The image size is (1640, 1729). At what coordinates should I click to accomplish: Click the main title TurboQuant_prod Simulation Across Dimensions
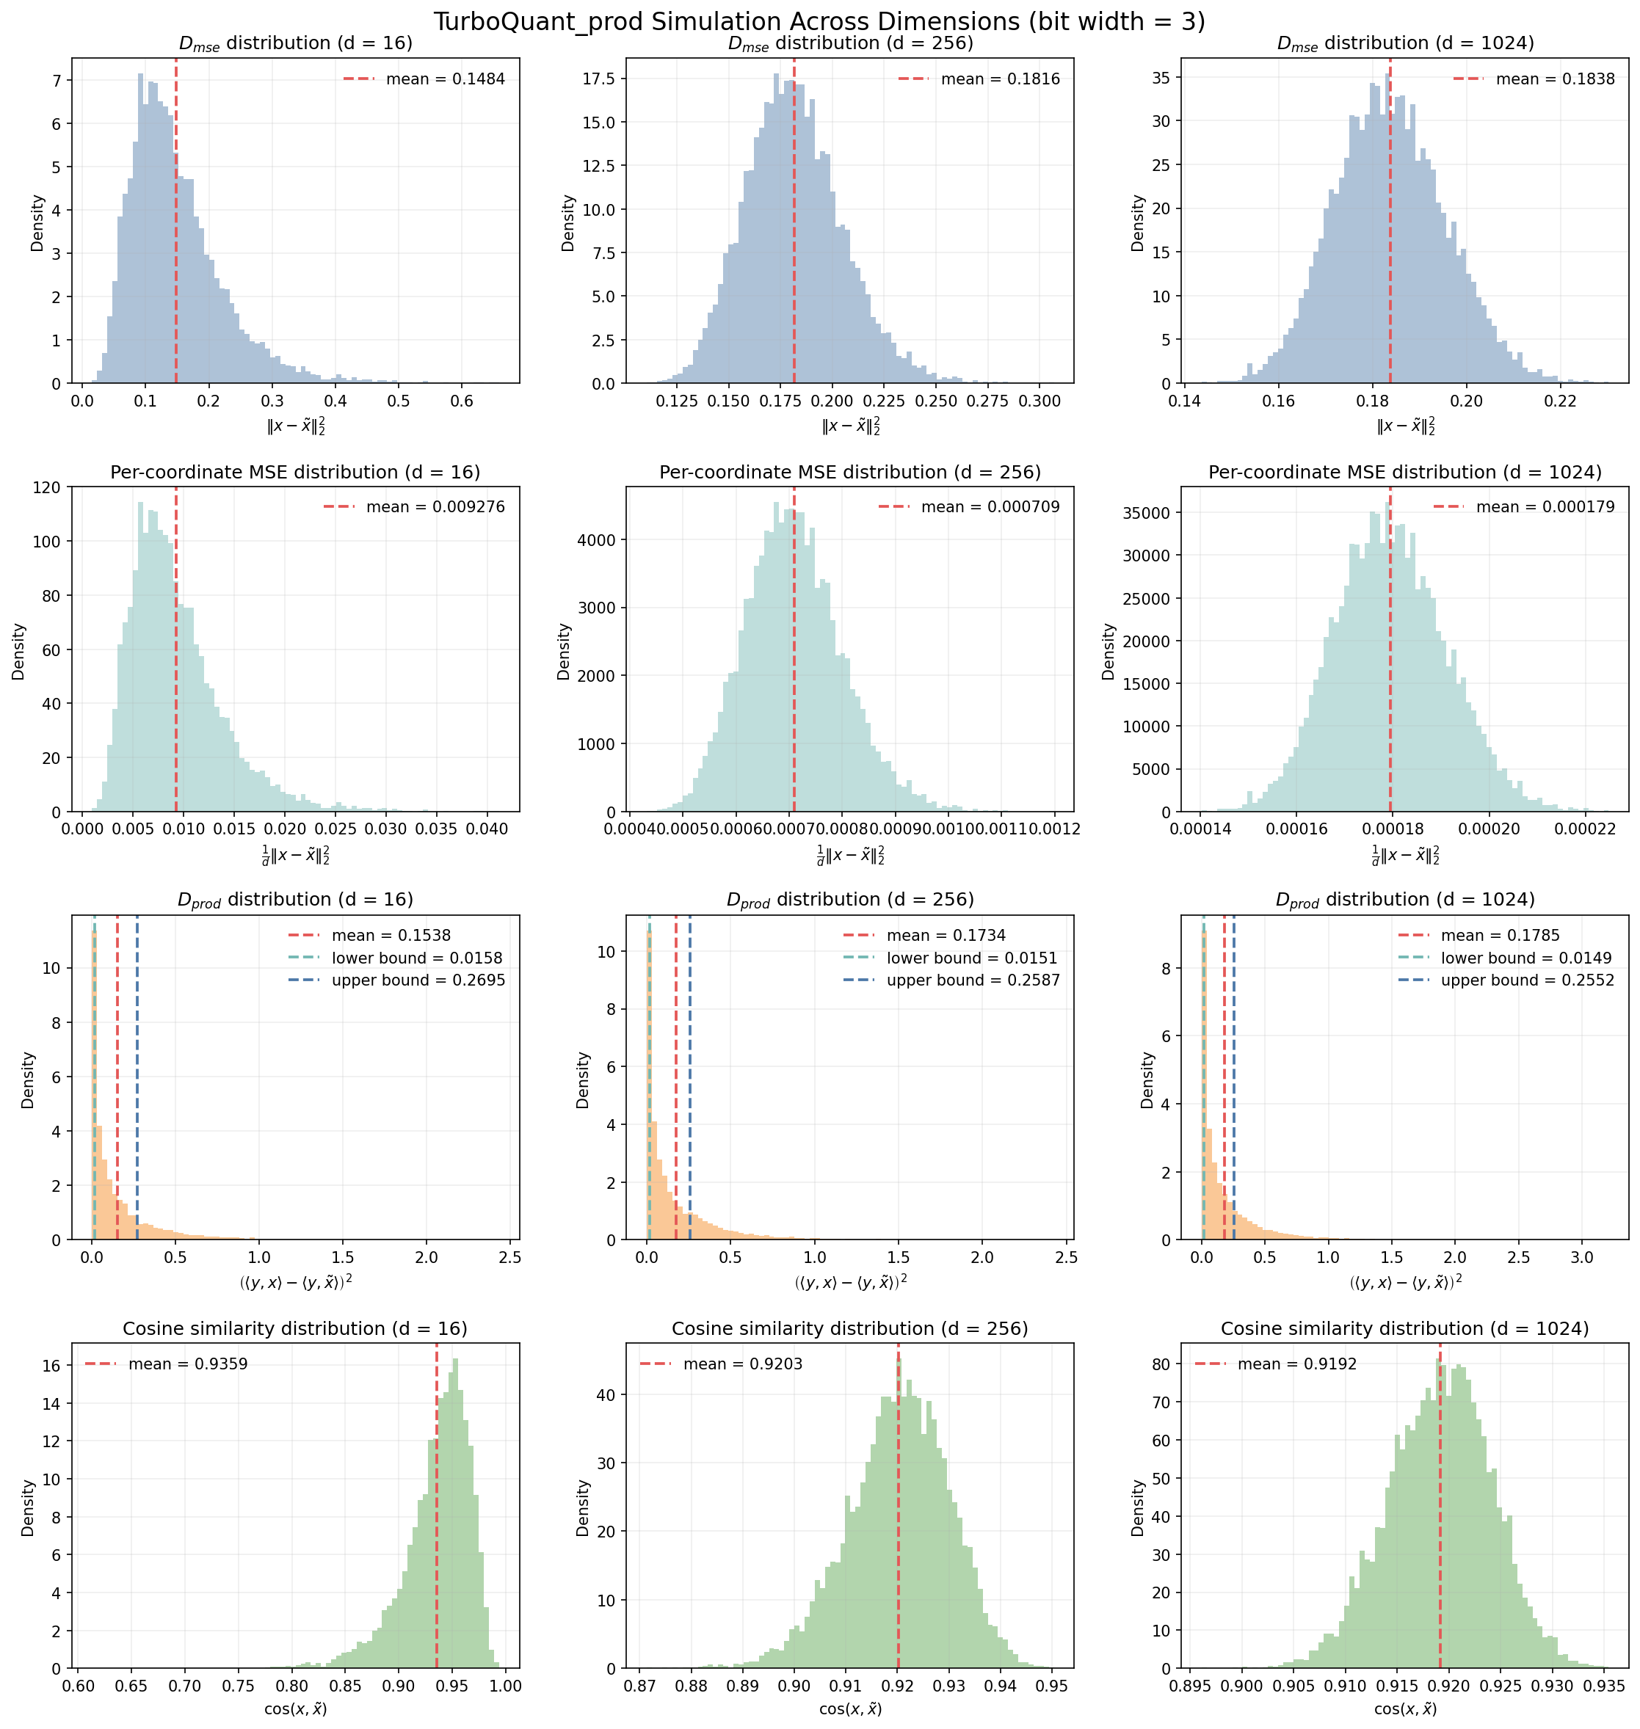coord(819,21)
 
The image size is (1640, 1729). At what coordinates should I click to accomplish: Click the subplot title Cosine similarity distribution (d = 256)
coord(849,1328)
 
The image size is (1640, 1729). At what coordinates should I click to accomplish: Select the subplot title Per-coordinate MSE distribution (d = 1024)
coord(1405,473)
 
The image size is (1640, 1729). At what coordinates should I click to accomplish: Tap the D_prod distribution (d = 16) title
coord(296,900)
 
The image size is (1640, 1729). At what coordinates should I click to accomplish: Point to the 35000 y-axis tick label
coord(1146,512)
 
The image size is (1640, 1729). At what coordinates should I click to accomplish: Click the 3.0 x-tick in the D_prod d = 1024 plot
coord(1581,1258)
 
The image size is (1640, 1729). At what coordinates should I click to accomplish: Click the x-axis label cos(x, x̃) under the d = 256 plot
coord(849,1709)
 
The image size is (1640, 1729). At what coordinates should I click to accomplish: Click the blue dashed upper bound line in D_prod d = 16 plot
coord(137,1093)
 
